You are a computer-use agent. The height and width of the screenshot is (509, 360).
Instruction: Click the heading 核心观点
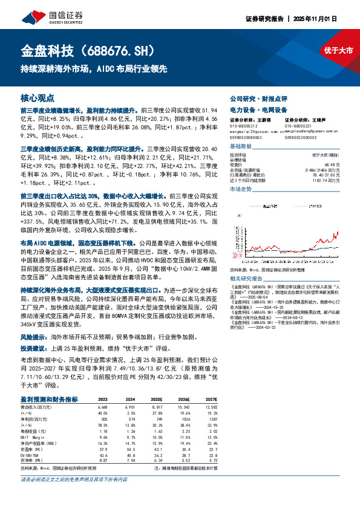click(38, 97)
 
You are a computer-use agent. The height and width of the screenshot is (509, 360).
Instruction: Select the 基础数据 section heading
click(241, 147)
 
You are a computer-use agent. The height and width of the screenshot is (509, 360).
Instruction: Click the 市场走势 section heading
click(241, 190)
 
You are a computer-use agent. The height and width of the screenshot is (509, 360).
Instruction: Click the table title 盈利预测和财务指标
click(50, 400)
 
